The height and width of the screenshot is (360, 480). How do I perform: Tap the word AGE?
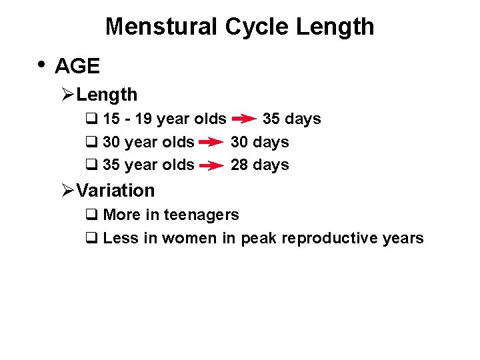[x=77, y=66]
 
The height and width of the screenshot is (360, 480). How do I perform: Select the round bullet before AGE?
[x=41, y=65]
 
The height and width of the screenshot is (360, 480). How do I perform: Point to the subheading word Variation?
[x=115, y=191]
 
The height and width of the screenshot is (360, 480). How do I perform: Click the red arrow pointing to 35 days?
[x=244, y=119]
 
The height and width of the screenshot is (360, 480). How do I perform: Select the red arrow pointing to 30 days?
[x=211, y=143]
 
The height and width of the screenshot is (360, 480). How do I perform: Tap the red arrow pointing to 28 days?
[x=211, y=165]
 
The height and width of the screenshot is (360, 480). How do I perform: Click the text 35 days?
[x=291, y=119]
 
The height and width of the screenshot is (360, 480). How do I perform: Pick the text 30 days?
[x=259, y=143]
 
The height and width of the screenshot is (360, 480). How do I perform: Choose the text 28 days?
[x=259, y=165]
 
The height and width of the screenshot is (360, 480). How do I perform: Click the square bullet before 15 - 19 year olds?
[x=91, y=119]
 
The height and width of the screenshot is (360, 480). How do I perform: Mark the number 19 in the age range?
[x=142, y=119]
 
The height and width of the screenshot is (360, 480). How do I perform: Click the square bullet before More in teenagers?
[x=91, y=215]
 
